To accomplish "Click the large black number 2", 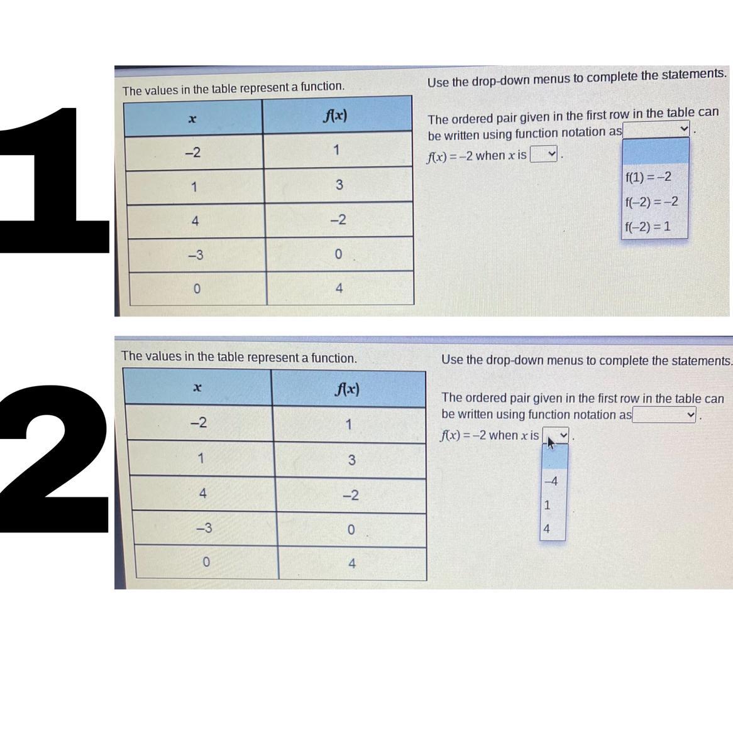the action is (x=55, y=458).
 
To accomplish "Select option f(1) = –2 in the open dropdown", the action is (x=648, y=177).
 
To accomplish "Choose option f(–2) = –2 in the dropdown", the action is (x=652, y=202).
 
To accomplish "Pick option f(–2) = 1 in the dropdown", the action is (x=648, y=227).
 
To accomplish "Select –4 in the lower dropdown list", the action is (x=551, y=480).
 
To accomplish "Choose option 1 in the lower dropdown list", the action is (x=548, y=505).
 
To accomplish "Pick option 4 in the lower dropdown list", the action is (x=547, y=529).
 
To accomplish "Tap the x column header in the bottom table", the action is (x=198, y=387).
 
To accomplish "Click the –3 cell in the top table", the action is (x=196, y=255).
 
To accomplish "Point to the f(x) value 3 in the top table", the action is (x=339, y=185).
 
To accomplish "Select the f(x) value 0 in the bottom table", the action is (x=351, y=529).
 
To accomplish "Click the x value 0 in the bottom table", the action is (x=206, y=561).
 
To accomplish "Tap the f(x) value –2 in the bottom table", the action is (x=351, y=495).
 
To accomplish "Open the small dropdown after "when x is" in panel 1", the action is (x=544, y=154).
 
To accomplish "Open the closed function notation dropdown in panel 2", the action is (x=664, y=414).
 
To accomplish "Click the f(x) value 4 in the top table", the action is (x=339, y=288).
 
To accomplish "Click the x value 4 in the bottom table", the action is (x=202, y=493).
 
